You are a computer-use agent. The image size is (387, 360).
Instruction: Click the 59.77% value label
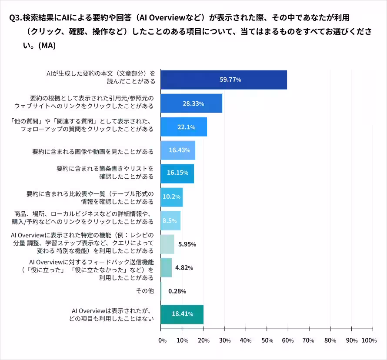[230, 80]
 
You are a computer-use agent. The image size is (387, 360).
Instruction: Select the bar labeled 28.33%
[191, 103]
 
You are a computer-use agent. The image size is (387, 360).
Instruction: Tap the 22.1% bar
[183, 127]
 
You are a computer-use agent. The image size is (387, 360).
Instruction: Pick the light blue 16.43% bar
[178, 150]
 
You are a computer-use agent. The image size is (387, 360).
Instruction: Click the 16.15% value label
[177, 173]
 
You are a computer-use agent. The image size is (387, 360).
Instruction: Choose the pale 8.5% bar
[170, 220]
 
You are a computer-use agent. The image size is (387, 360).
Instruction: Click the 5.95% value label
[187, 244]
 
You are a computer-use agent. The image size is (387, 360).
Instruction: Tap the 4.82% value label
[184, 268]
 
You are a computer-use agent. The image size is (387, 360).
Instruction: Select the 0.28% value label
[177, 291]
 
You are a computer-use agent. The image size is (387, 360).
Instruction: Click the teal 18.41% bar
[182, 314]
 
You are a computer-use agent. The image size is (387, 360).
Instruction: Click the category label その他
[145, 291]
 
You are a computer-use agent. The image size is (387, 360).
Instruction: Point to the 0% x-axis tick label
[162, 340]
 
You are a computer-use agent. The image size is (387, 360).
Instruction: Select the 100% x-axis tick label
[368, 340]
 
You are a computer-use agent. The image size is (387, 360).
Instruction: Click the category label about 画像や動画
[93, 151]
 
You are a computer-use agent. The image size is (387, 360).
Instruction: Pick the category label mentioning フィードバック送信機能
[91, 262]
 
